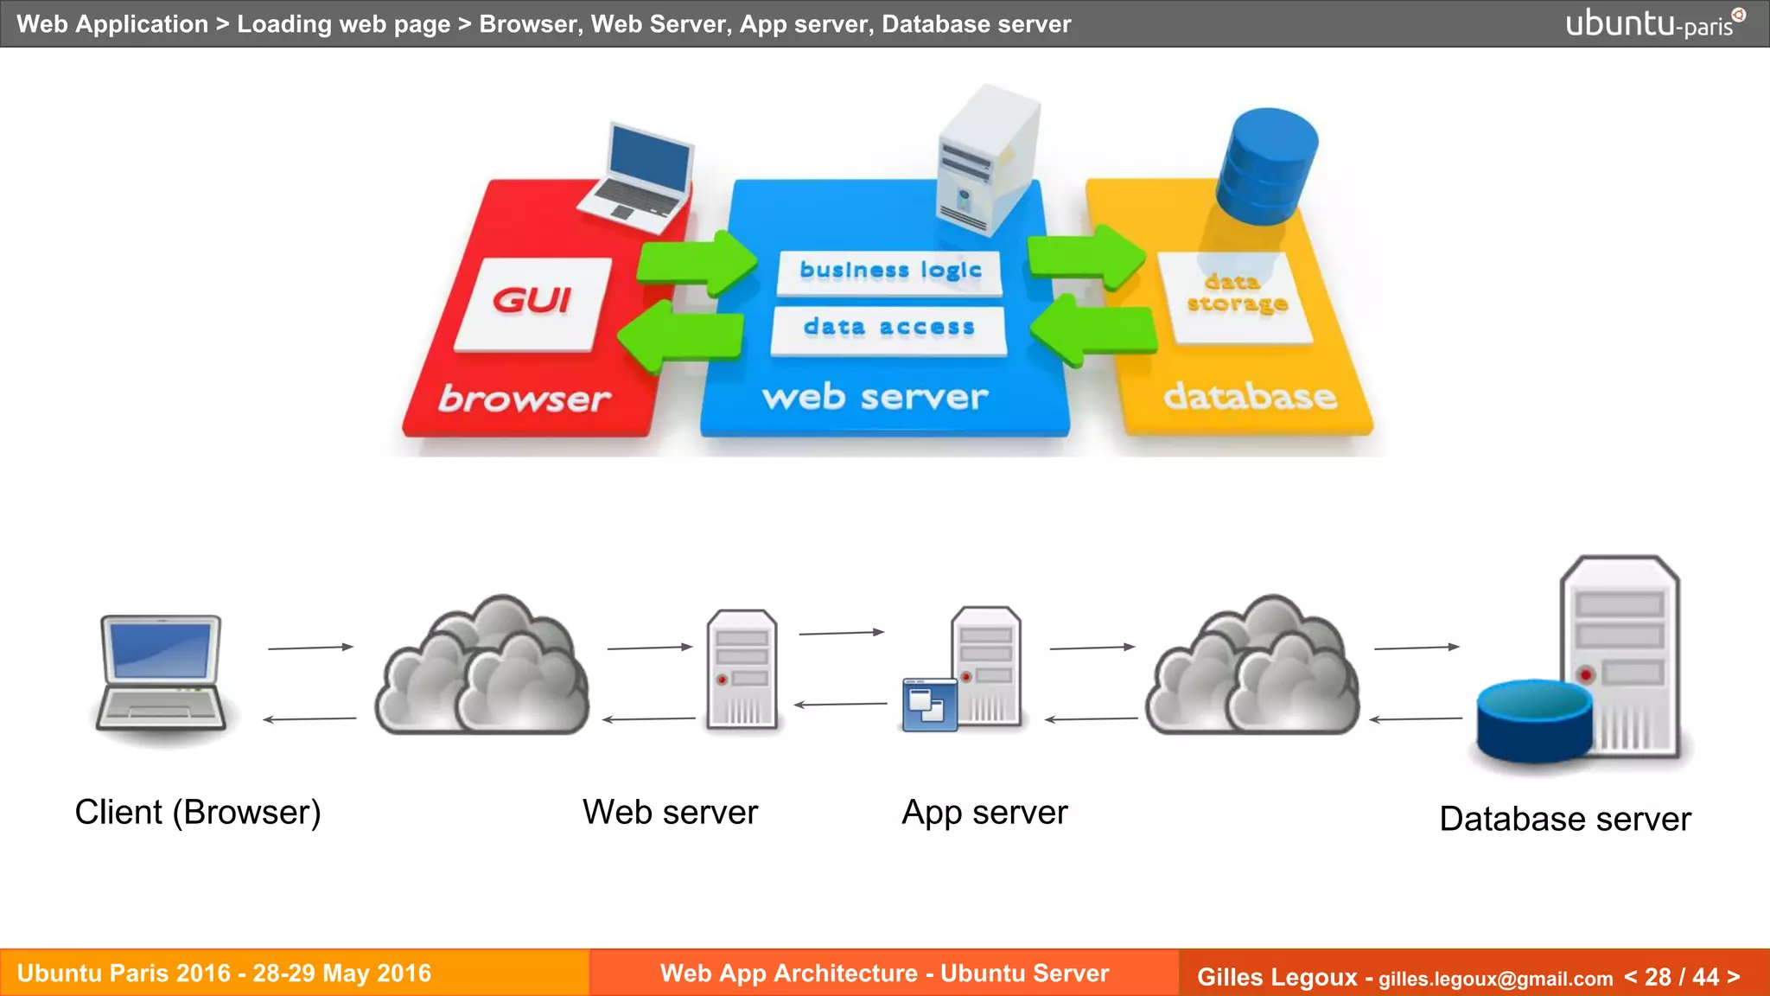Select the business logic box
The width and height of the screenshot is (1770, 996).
pyautogui.click(x=890, y=271)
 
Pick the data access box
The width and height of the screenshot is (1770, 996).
pyautogui.click(x=888, y=329)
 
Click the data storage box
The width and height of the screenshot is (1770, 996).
pyautogui.click(x=1237, y=296)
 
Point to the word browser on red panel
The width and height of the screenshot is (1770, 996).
pyautogui.click(x=524, y=399)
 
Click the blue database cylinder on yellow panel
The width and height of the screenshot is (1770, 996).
pyautogui.click(x=1266, y=164)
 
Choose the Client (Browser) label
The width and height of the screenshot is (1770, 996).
pyautogui.click(x=198, y=812)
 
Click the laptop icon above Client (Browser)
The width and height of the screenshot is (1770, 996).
pyautogui.click(x=161, y=672)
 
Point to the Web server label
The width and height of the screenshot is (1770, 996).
pyautogui.click(x=670, y=812)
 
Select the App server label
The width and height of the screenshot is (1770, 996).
pyautogui.click(x=984, y=812)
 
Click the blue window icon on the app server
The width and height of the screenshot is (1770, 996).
pyautogui.click(x=929, y=705)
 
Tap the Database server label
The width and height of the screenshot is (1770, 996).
pyautogui.click(x=1564, y=818)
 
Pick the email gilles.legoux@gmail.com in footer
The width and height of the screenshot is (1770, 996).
pyautogui.click(x=1495, y=978)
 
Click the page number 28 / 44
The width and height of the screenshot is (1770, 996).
pyautogui.click(x=1681, y=976)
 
